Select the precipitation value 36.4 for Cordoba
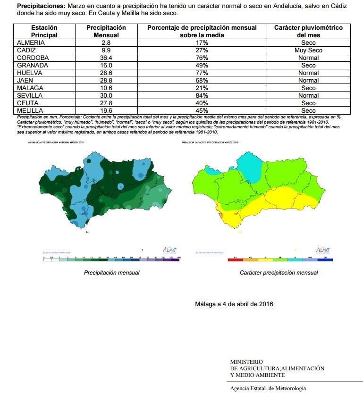106,58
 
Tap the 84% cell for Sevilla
202,96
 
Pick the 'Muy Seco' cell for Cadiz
308,50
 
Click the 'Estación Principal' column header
44,31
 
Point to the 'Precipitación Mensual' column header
106,31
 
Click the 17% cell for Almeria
202,43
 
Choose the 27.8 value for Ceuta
106,103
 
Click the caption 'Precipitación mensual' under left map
111,273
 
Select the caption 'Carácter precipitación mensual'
279,273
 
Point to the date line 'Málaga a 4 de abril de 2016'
234,304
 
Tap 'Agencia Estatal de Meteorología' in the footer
268,388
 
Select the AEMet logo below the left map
169,250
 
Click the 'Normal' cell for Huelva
308,73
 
